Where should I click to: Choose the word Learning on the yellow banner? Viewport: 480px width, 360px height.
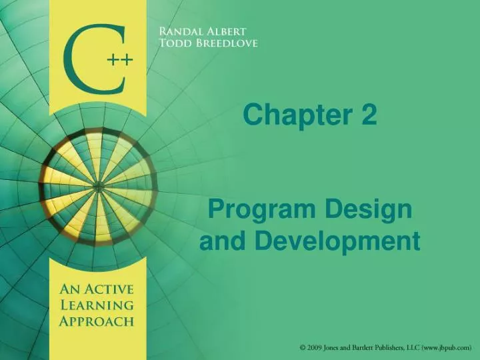point(97,305)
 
